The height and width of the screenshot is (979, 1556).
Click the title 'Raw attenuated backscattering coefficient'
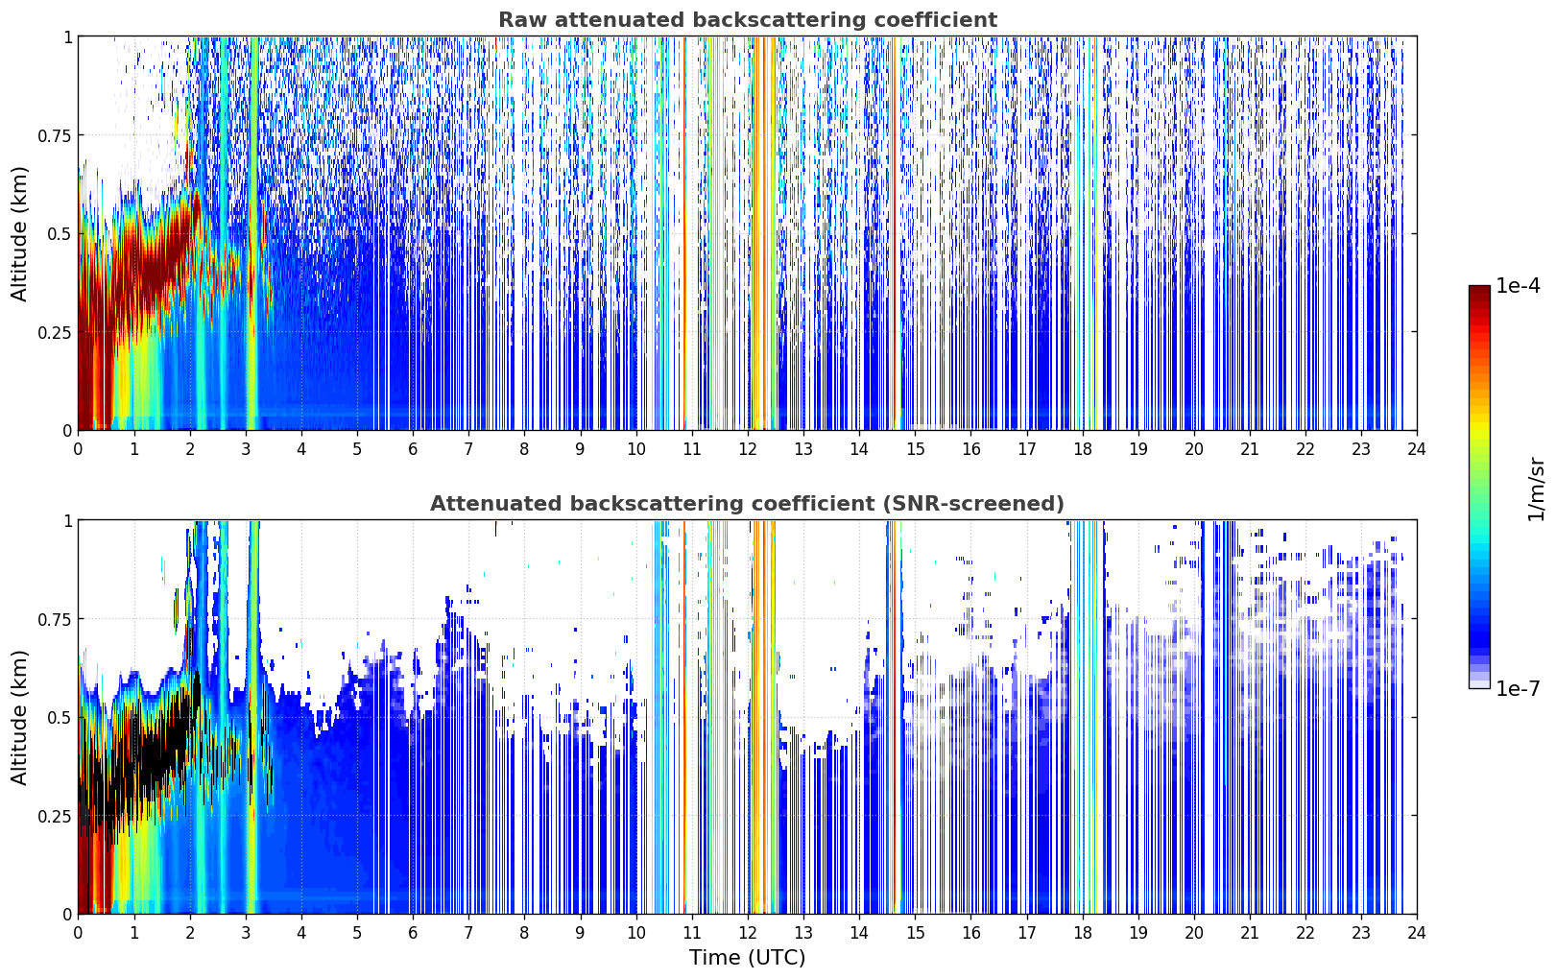click(x=748, y=19)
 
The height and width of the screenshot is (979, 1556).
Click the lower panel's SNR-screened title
click(x=747, y=503)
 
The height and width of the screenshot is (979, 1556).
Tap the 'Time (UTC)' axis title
click(x=747, y=958)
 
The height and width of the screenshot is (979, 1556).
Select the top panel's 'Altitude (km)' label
click(x=18, y=234)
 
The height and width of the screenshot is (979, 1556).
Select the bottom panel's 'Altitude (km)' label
click(x=18, y=717)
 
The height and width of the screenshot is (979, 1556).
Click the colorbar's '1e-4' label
click(x=1518, y=286)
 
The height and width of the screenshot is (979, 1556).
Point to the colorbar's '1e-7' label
click(x=1518, y=689)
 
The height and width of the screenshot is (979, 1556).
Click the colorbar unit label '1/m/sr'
click(x=1536, y=489)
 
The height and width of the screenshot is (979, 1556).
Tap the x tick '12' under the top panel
click(x=747, y=449)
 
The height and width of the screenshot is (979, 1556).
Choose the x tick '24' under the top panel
click(x=1417, y=449)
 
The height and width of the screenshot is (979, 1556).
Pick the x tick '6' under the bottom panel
click(x=413, y=933)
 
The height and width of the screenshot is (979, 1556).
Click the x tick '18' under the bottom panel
click(x=1082, y=933)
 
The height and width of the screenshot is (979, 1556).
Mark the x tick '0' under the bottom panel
click(x=78, y=933)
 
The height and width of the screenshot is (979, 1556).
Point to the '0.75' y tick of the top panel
click(x=54, y=135)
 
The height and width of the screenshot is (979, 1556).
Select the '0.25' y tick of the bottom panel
click(x=54, y=816)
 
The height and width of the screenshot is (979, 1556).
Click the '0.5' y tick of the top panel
click(x=59, y=234)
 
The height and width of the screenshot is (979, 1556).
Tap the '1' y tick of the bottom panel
click(x=67, y=521)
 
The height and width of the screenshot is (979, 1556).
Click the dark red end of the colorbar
click(x=1479, y=290)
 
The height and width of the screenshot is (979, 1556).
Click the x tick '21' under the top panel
click(x=1250, y=449)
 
